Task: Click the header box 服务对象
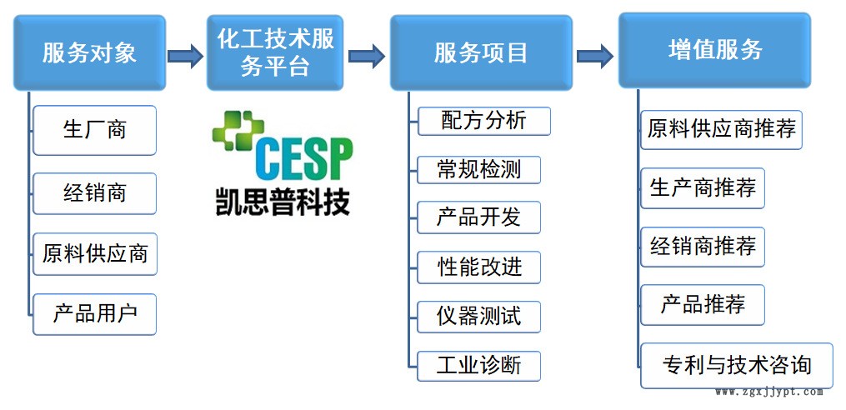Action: [x=89, y=53]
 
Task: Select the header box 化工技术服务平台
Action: [x=274, y=53]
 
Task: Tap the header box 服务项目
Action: [x=481, y=53]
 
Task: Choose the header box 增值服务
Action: [x=714, y=50]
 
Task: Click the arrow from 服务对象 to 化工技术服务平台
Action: [x=185, y=57]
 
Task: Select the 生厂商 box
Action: [x=94, y=130]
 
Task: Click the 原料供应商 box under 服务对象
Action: [x=94, y=254]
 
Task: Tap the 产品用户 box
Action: [x=94, y=313]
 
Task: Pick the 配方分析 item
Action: [x=483, y=121]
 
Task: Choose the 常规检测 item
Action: [x=478, y=170]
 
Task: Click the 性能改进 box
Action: [x=478, y=267]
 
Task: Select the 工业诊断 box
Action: [x=478, y=365]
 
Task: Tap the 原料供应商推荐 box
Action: [x=721, y=130]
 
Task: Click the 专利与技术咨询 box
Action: [x=736, y=365]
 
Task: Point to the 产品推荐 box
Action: [x=703, y=304]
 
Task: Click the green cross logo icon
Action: [x=236, y=132]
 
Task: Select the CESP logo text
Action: [x=303, y=158]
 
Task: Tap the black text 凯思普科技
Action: [x=281, y=200]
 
